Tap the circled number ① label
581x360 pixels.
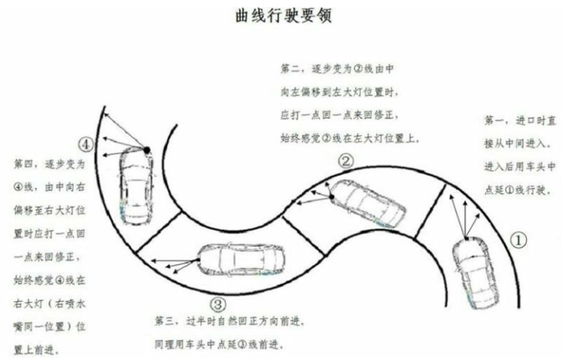click(x=520, y=240)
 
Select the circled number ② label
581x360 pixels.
click(x=345, y=161)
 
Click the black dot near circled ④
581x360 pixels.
click(x=147, y=149)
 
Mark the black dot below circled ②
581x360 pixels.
click(x=330, y=192)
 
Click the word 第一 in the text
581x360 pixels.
click(x=495, y=122)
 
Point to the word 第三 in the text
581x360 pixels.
click(x=165, y=321)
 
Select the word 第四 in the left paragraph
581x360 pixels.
click(x=26, y=163)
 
